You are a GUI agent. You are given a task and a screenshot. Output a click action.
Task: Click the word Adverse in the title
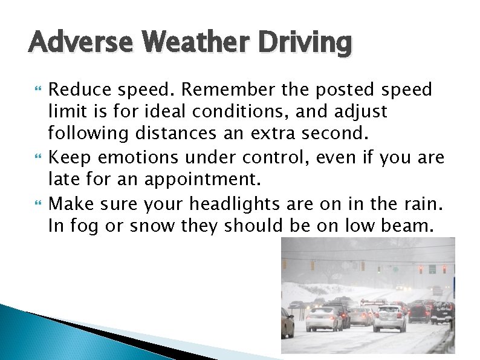pos(68,43)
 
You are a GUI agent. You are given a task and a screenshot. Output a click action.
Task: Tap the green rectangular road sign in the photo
pos(432,269)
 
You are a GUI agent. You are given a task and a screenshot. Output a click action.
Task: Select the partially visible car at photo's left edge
pos(287,322)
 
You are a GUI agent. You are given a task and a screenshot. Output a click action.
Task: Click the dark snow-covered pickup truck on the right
pos(442,312)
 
